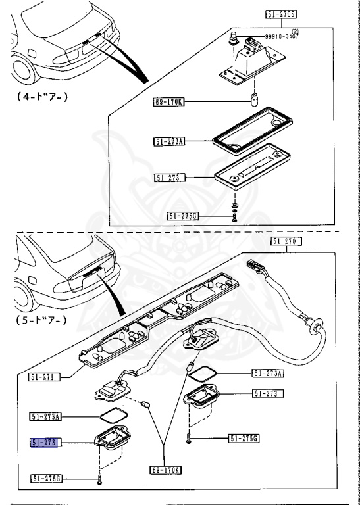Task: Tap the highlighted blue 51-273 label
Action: tap(44, 443)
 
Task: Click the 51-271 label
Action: tap(44, 377)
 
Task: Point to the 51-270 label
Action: tap(286, 242)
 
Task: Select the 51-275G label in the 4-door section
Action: tap(182, 215)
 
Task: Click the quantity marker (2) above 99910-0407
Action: tap(296, 31)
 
